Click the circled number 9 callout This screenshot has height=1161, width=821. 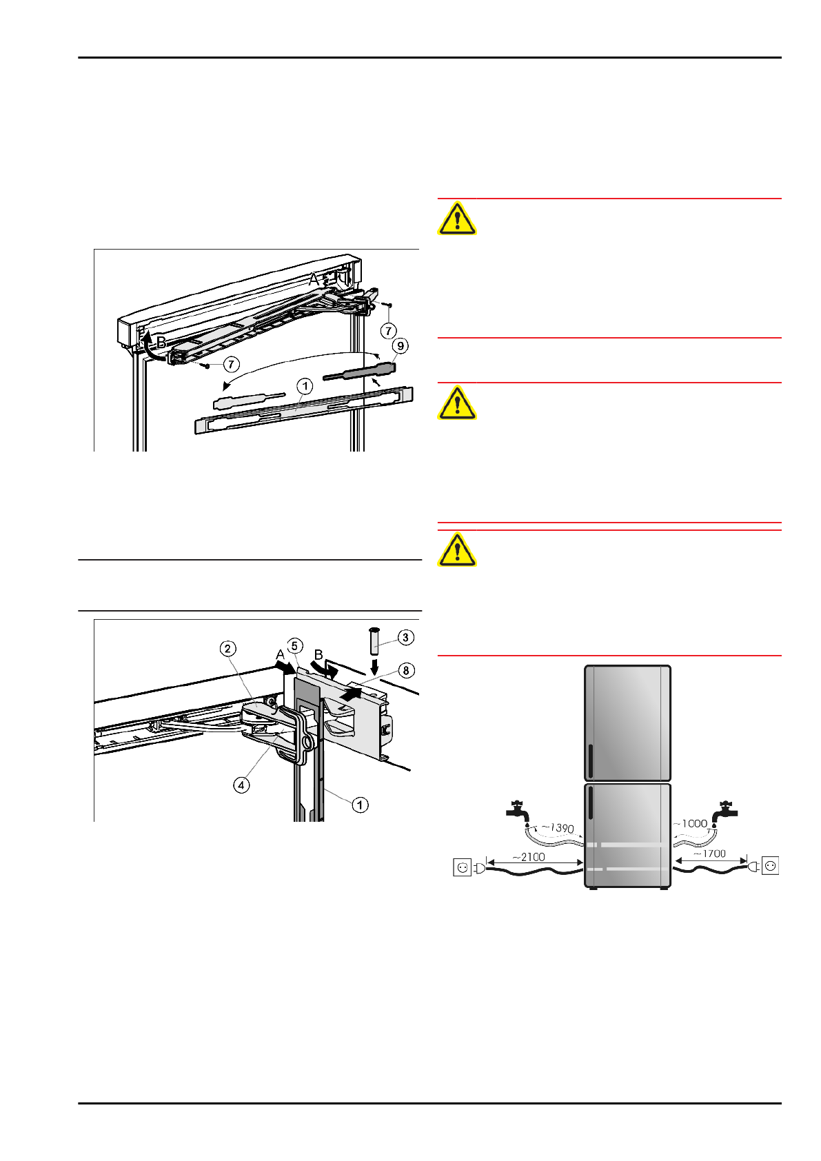400,345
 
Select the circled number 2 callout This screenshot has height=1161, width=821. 227,648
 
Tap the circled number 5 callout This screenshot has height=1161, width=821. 295,646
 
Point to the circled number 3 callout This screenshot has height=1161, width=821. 405,637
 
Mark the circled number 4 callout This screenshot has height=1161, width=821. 241,785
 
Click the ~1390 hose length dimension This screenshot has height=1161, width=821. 558,827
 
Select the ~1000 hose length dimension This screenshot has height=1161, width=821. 690,823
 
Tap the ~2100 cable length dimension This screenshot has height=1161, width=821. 529,857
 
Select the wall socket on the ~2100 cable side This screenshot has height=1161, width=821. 462,866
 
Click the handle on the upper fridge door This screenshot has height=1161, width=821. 591,760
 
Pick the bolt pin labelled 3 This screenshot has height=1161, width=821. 374,640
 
